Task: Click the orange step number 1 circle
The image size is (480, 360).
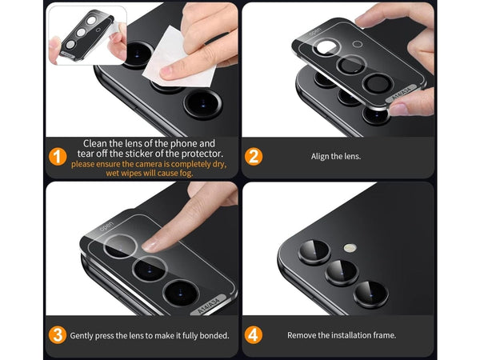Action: coord(58,157)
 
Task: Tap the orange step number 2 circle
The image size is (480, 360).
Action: coord(253,157)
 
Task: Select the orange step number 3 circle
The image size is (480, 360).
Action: coord(58,335)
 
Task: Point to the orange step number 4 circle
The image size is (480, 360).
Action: coord(253,335)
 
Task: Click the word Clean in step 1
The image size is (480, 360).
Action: coord(95,143)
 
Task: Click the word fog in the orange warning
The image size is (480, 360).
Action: coord(186,174)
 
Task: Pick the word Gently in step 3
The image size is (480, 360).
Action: coord(81,336)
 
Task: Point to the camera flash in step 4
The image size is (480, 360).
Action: coord(350,248)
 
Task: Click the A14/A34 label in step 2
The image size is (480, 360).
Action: coord(402,93)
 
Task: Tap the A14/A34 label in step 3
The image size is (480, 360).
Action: coord(209,305)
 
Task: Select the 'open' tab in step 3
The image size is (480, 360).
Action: coord(106,226)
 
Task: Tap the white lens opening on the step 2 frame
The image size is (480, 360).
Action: coord(326,47)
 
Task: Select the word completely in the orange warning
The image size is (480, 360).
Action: coord(190,164)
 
